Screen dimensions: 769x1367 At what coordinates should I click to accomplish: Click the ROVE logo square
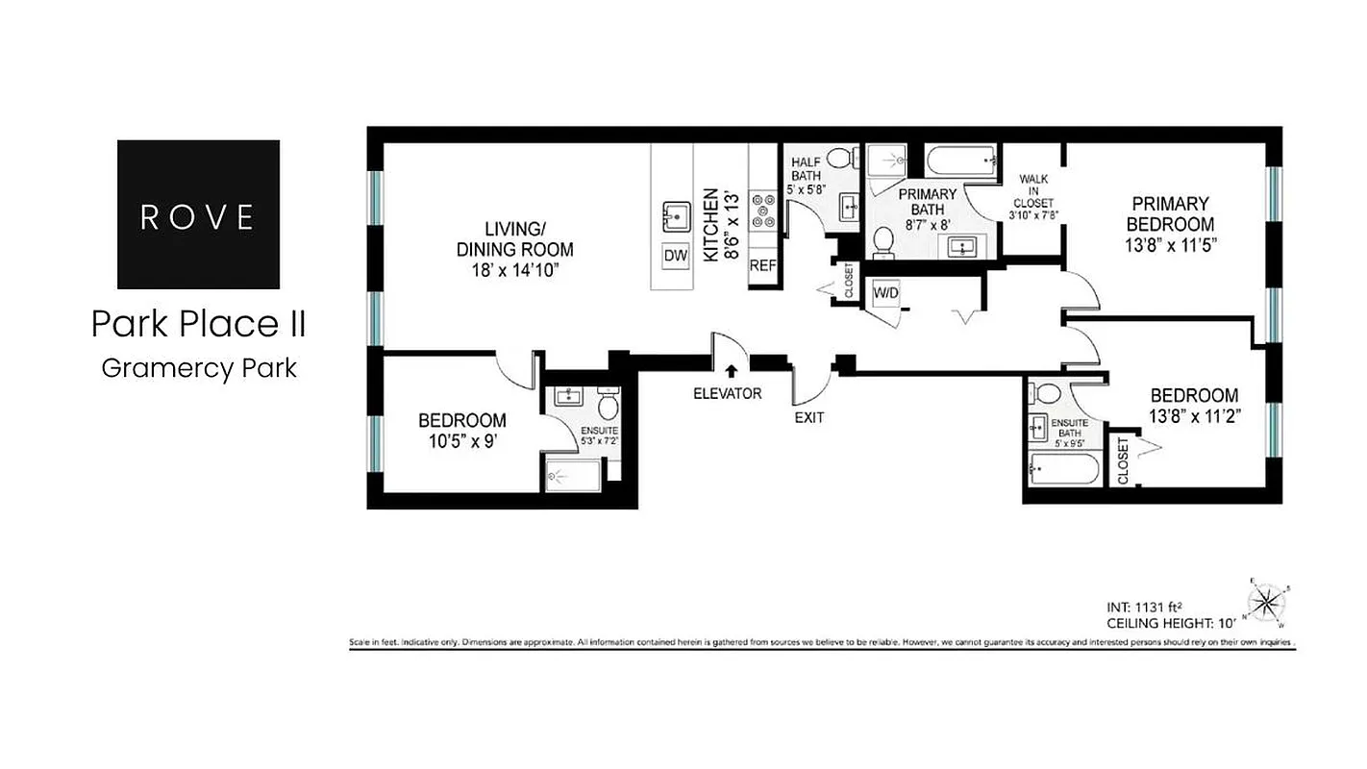pos(198,214)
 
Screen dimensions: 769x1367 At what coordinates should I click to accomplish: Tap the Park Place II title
pos(198,325)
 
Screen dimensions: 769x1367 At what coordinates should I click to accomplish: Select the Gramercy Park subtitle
pos(198,367)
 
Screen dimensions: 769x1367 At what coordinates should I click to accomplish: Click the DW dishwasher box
pos(675,257)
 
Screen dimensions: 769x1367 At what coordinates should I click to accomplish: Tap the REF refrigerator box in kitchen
pos(763,264)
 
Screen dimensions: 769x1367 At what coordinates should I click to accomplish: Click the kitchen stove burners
pos(765,211)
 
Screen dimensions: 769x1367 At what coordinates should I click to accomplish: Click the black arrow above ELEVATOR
pos(731,372)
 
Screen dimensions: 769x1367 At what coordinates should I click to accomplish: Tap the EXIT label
pos(808,418)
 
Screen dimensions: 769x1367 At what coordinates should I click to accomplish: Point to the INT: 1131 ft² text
pos(1144,607)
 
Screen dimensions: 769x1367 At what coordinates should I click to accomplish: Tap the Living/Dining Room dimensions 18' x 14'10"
pos(514,270)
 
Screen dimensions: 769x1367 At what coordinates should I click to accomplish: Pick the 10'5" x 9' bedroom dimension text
pos(461,441)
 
